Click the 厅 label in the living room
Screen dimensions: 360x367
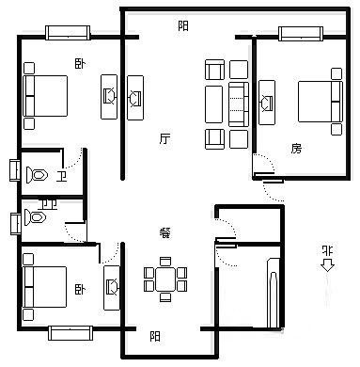(x=164, y=138)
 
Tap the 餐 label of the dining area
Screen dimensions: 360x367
(x=164, y=232)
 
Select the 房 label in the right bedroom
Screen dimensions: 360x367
(x=296, y=149)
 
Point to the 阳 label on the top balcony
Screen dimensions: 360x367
(x=183, y=25)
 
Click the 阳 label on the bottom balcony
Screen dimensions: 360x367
(x=155, y=337)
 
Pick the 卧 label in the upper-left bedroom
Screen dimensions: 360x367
(x=80, y=64)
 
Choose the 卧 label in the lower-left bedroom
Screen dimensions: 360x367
(x=80, y=289)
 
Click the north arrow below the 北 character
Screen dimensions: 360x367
(x=327, y=266)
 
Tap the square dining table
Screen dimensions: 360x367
(x=165, y=279)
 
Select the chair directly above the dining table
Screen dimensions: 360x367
(x=165, y=262)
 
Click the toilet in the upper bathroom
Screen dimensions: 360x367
(x=37, y=175)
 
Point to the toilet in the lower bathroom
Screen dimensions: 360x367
(x=35, y=217)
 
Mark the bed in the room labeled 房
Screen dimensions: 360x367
(x=320, y=102)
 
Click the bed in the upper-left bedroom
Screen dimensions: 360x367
(x=45, y=96)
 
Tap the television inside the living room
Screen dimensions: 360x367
(x=135, y=98)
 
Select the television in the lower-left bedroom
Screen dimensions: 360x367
(x=112, y=288)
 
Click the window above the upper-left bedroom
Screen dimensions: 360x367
(x=68, y=33)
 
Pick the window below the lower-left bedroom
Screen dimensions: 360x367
(x=70, y=333)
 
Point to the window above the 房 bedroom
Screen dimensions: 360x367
(x=301, y=34)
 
